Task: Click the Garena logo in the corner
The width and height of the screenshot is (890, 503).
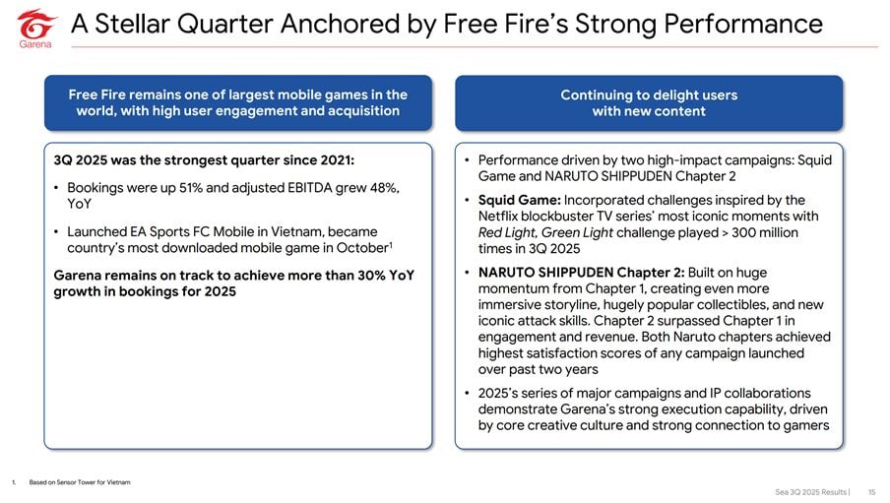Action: [x=35, y=29]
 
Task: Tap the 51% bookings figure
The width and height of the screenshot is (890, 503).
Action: [x=191, y=188]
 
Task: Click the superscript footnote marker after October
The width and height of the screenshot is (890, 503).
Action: [x=391, y=245]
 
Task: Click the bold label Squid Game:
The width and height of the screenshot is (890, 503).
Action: [x=520, y=201]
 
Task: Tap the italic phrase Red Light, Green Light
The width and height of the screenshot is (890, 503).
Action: [x=545, y=232]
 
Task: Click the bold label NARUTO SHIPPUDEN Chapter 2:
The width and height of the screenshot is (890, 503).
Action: [x=581, y=273]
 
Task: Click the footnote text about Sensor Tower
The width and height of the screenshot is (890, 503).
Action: [x=80, y=482]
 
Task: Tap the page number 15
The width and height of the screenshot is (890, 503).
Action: [x=872, y=492]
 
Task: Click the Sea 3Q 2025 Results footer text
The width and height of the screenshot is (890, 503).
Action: [x=811, y=492]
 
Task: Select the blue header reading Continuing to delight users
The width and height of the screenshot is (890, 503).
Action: [x=649, y=102]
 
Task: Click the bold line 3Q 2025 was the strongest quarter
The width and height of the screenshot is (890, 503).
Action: [x=204, y=160]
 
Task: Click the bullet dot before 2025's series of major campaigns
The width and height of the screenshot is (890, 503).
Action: [x=467, y=393]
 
